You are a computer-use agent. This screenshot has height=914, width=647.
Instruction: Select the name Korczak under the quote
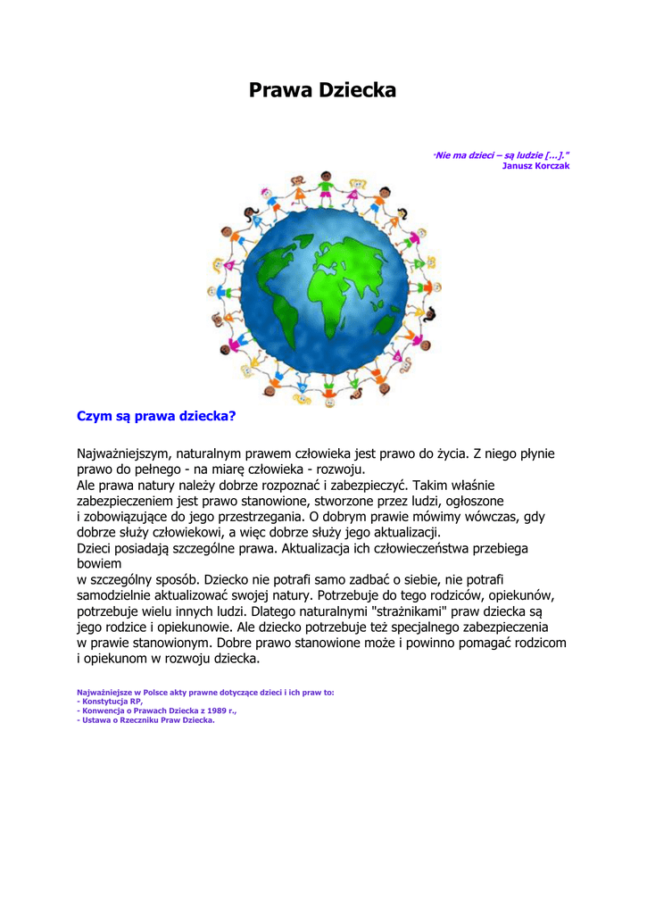[549, 166]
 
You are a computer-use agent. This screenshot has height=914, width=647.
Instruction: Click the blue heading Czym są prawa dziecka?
[156, 416]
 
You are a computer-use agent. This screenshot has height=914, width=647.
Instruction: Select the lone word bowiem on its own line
[99, 564]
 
